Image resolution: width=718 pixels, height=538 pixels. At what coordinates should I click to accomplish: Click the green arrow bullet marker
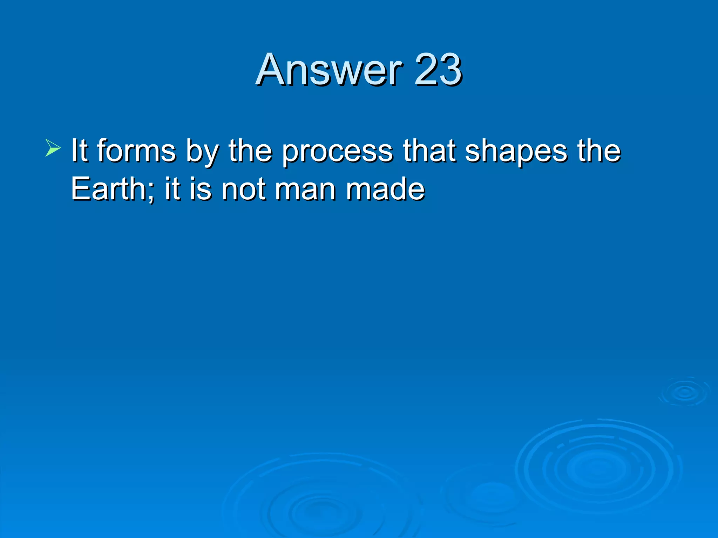[x=53, y=147]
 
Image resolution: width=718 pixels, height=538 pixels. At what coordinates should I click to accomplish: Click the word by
[x=202, y=151]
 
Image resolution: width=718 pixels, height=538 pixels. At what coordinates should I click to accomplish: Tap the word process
[x=338, y=151]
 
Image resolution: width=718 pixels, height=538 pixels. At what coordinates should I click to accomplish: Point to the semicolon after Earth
[x=151, y=192]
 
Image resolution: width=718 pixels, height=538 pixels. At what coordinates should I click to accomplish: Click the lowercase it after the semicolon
[x=172, y=189]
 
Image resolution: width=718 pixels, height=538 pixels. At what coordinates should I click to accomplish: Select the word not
[x=243, y=189]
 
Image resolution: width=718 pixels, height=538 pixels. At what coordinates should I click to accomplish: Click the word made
[x=385, y=189]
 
